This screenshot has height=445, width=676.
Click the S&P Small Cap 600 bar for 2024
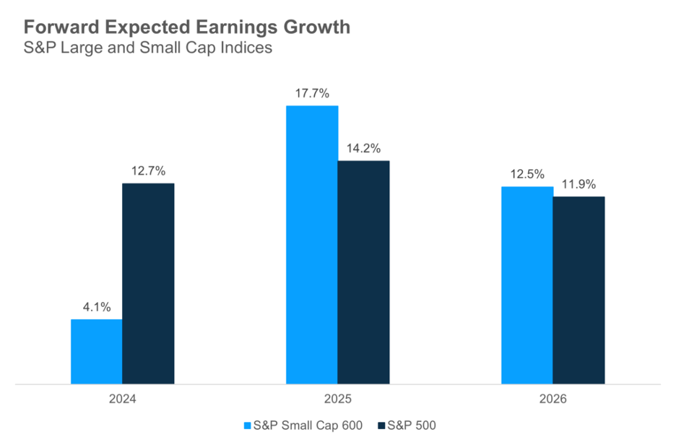pyautogui.click(x=96, y=351)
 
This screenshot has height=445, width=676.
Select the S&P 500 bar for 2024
pyautogui.click(x=148, y=283)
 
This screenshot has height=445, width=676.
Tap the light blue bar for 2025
pyautogui.click(x=312, y=244)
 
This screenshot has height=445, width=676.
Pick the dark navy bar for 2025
pyautogui.click(x=363, y=272)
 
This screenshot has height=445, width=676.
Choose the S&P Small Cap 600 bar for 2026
pyautogui.click(x=527, y=285)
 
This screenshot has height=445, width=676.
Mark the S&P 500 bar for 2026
pyautogui.click(x=578, y=290)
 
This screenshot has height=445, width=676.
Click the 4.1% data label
pyautogui.click(x=96, y=307)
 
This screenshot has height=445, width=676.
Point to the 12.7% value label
pyautogui.click(x=148, y=171)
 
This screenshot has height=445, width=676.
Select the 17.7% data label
pyautogui.click(x=312, y=93)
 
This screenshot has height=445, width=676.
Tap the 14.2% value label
pyautogui.click(x=363, y=148)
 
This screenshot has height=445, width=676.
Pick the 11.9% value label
pyautogui.click(x=579, y=184)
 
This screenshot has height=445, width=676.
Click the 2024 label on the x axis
pyautogui.click(x=122, y=399)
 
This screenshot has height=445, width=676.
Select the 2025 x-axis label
pyautogui.click(x=338, y=399)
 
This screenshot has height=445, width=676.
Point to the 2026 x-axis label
pyautogui.click(x=553, y=399)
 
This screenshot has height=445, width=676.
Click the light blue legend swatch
pyautogui.click(x=248, y=425)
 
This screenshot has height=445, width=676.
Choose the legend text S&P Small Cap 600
pyautogui.click(x=308, y=425)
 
